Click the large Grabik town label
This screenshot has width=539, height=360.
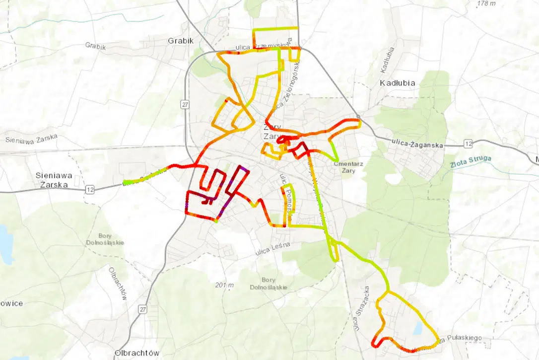click(x=181, y=40)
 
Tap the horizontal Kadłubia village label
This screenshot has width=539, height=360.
click(x=397, y=82)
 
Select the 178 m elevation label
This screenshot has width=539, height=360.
click(x=486, y=4)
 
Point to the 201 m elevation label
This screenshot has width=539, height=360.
click(x=224, y=285)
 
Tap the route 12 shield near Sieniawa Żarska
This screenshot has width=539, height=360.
click(x=89, y=189)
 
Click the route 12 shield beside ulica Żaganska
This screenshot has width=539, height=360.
click(x=468, y=144)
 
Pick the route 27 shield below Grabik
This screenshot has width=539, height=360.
click(x=185, y=104)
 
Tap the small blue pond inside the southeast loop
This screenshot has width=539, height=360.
click(x=419, y=327)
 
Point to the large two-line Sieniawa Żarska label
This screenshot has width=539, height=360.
click(x=55, y=180)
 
